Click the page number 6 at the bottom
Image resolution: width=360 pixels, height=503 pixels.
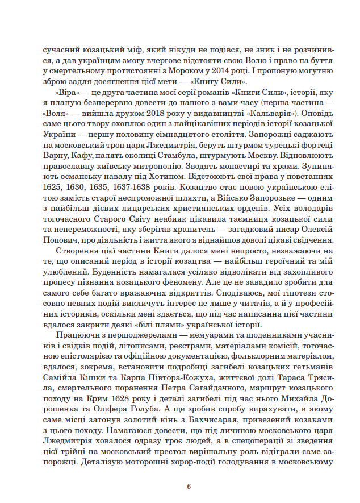pyautogui.click(x=189, y=487)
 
